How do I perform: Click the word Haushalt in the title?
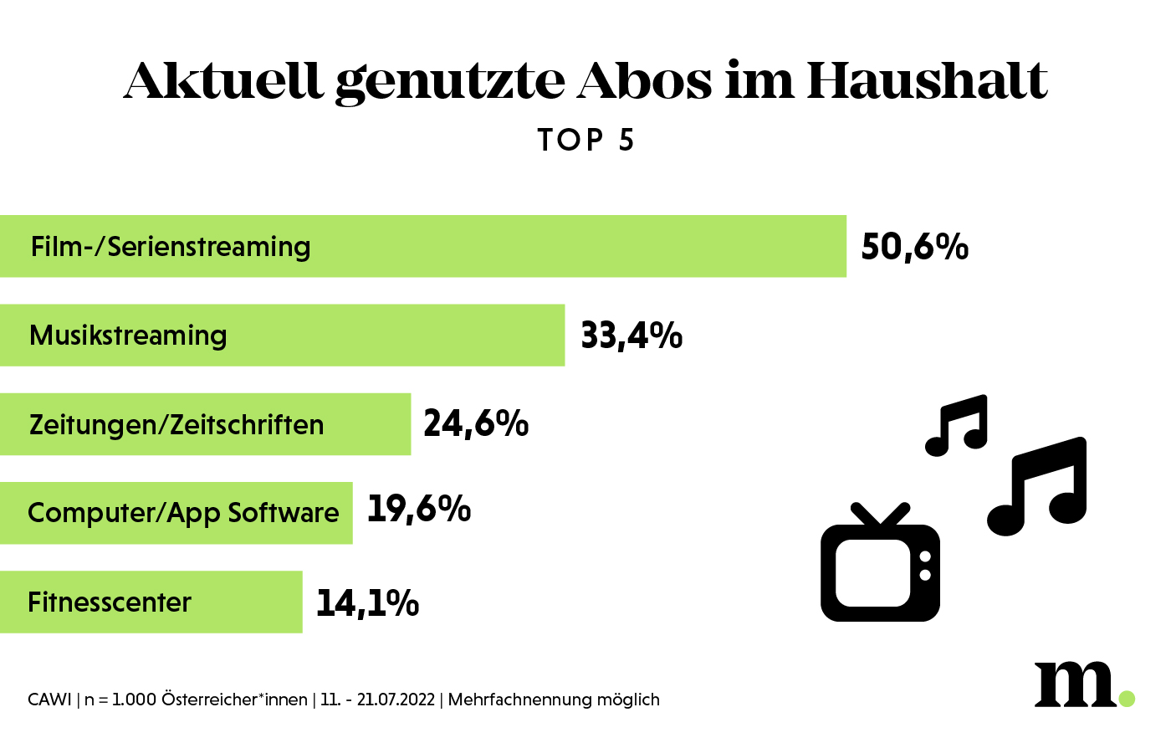tap(926, 81)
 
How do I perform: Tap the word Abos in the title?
tap(644, 81)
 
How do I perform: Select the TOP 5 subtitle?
tap(585, 141)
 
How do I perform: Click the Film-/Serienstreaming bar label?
tap(171, 247)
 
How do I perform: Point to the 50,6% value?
tap(914, 247)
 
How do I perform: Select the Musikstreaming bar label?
tap(128, 336)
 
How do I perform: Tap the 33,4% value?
tap(632, 336)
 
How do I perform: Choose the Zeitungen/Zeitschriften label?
tap(176, 425)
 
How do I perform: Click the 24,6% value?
tap(476, 423)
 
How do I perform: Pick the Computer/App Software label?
tap(183, 513)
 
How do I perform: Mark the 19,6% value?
tap(419, 509)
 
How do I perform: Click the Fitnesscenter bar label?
tap(110, 602)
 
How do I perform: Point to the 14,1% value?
tap(367, 602)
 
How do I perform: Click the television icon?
tap(880, 569)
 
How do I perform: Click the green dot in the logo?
tap(1127, 698)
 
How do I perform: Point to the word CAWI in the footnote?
tap(49, 700)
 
